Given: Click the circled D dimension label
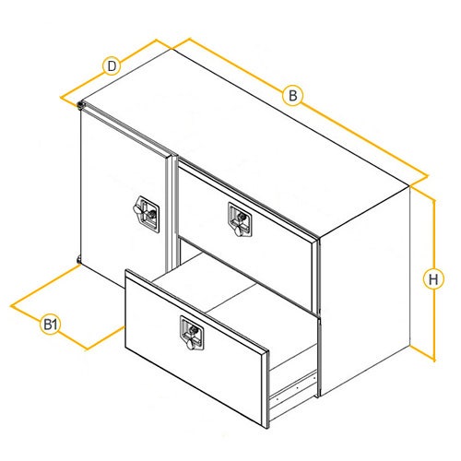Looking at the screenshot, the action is tap(112, 66).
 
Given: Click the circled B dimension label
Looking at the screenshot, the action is tap(292, 96).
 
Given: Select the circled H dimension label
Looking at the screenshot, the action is tap(433, 279).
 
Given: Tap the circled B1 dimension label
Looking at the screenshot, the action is tap(50, 325).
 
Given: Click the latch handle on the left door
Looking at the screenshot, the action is tap(147, 214).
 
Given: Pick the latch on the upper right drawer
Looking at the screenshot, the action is tap(240, 219).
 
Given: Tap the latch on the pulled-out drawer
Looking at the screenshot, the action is tap(192, 333).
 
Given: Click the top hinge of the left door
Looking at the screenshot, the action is tap(80, 105).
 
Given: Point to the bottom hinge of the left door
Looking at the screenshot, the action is tap(78, 260).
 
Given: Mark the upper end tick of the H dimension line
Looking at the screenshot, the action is tap(434, 201).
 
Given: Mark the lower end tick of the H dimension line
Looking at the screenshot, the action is tap(434, 360).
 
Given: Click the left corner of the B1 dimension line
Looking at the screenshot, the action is tap(11, 306).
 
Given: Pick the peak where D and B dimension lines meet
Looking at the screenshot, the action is tap(157, 40).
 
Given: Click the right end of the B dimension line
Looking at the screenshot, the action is tap(427, 176).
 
